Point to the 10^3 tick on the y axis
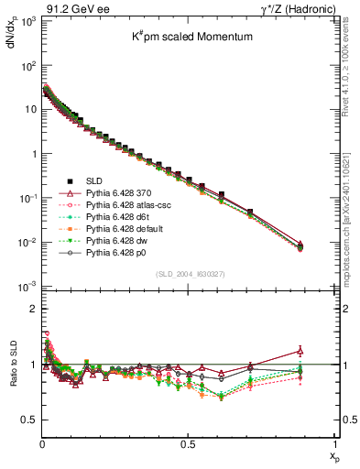[x=27, y=21]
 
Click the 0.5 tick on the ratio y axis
[x=28, y=420]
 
